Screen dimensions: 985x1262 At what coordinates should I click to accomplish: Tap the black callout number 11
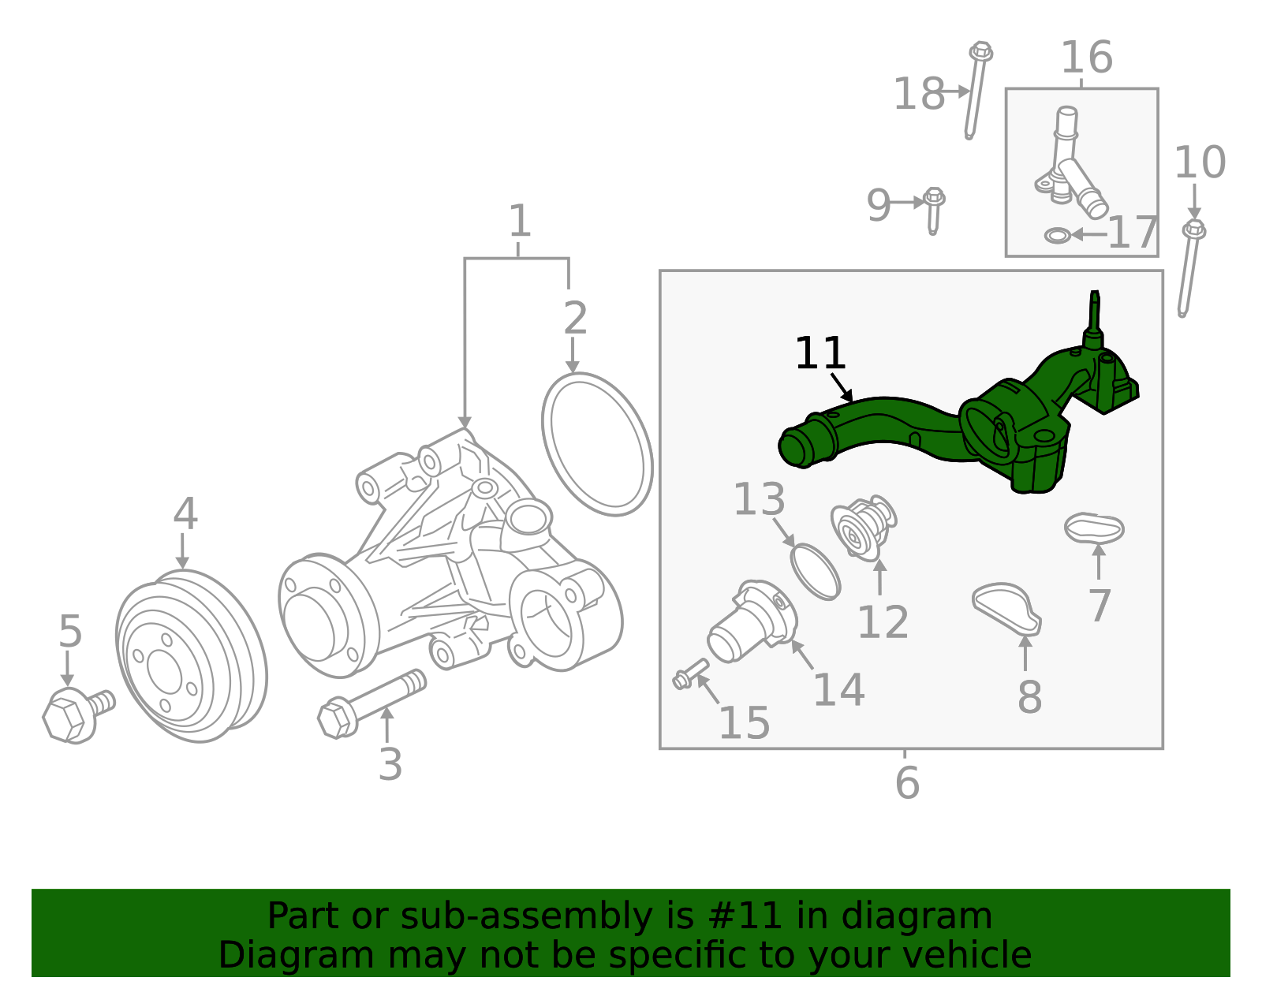click(820, 353)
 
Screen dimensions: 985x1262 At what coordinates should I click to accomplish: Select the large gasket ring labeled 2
click(597, 444)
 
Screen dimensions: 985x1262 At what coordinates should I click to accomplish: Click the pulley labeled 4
click(191, 656)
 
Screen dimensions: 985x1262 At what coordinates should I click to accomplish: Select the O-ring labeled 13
click(816, 571)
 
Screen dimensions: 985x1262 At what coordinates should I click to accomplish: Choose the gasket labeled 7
click(1093, 528)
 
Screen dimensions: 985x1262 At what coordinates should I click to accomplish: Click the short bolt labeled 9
click(934, 209)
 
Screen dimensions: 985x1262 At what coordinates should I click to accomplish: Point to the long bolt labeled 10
click(1189, 268)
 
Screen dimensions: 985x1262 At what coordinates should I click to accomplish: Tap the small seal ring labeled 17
click(1057, 235)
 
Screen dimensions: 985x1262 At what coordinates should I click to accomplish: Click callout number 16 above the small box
click(1086, 58)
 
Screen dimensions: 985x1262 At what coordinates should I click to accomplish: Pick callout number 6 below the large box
click(907, 782)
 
